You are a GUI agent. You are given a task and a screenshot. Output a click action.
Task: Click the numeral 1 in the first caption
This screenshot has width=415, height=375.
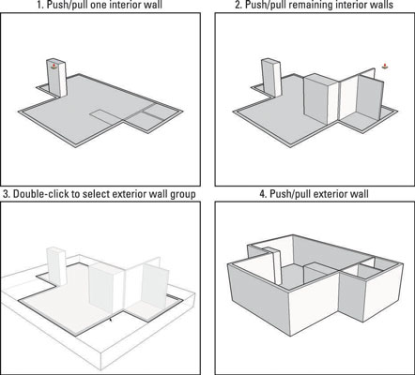[x=39, y=5]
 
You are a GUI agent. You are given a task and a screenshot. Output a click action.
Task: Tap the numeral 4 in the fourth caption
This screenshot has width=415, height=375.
[x=262, y=194]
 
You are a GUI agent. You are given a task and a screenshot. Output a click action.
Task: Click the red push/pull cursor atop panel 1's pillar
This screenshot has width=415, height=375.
[x=54, y=67]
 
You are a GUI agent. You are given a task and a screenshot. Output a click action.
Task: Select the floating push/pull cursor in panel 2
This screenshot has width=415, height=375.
[x=385, y=66]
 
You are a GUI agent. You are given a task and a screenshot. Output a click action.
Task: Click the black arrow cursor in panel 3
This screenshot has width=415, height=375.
[x=111, y=320]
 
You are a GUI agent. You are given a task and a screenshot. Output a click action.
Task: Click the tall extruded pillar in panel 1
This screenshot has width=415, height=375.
[x=56, y=77]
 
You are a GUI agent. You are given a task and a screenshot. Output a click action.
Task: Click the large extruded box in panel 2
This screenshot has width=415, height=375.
[x=321, y=98]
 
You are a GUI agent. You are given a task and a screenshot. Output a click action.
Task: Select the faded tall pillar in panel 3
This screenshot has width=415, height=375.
[x=56, y=266]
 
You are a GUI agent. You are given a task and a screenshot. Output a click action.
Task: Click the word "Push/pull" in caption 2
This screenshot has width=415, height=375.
[x=263, y=5]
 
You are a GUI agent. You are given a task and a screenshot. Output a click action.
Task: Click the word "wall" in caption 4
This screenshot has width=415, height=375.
[x=361, y=194]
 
